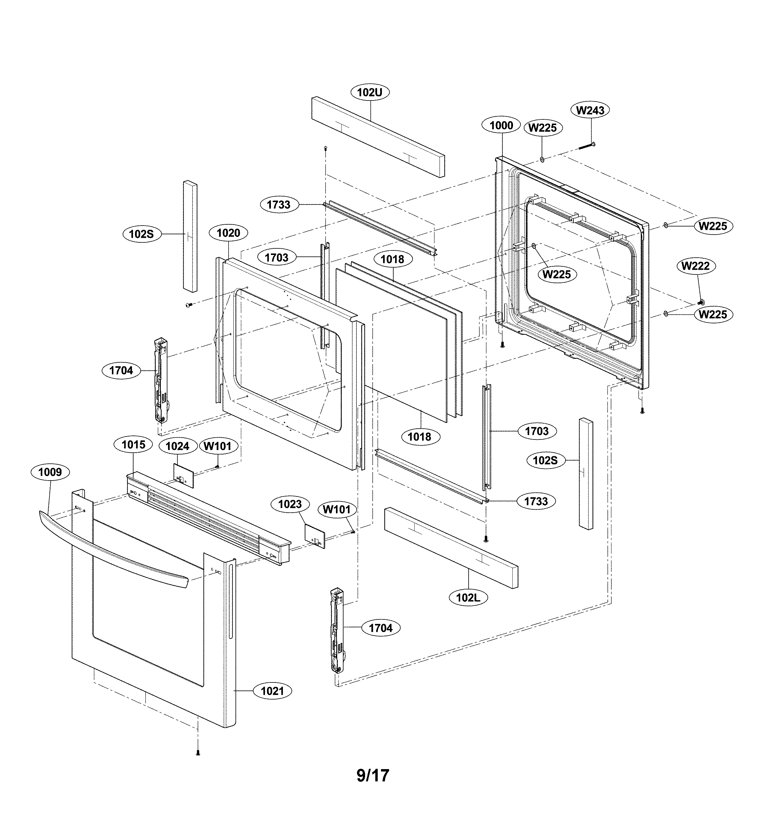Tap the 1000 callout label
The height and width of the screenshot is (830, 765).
coord(501,125)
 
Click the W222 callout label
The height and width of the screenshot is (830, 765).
coord(695,266)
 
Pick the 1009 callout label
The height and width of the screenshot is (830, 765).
coord(50,472)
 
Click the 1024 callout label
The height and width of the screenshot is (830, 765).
coord(178,446)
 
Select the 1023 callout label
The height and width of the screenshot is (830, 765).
coord(290,504)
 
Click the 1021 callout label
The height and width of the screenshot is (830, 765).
coord(273,691)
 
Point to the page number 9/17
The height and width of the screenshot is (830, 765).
coord(373,775)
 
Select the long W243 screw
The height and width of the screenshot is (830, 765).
coord(586,146)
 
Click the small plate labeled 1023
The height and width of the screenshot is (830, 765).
coord(315,536)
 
